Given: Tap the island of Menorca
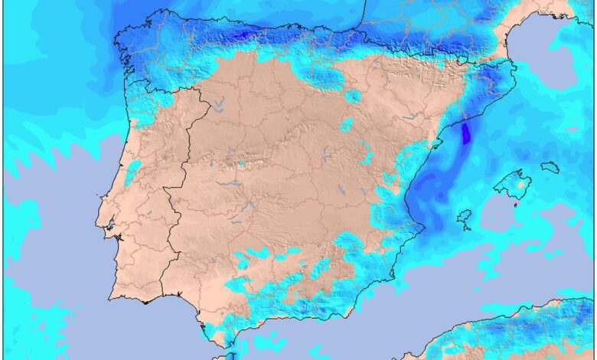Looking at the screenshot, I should click(550, 166).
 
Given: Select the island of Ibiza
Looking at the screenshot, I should click(464, 219).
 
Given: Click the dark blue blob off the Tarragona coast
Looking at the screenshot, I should click(466, 134).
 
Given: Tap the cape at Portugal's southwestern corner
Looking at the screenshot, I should click(113, 295).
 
